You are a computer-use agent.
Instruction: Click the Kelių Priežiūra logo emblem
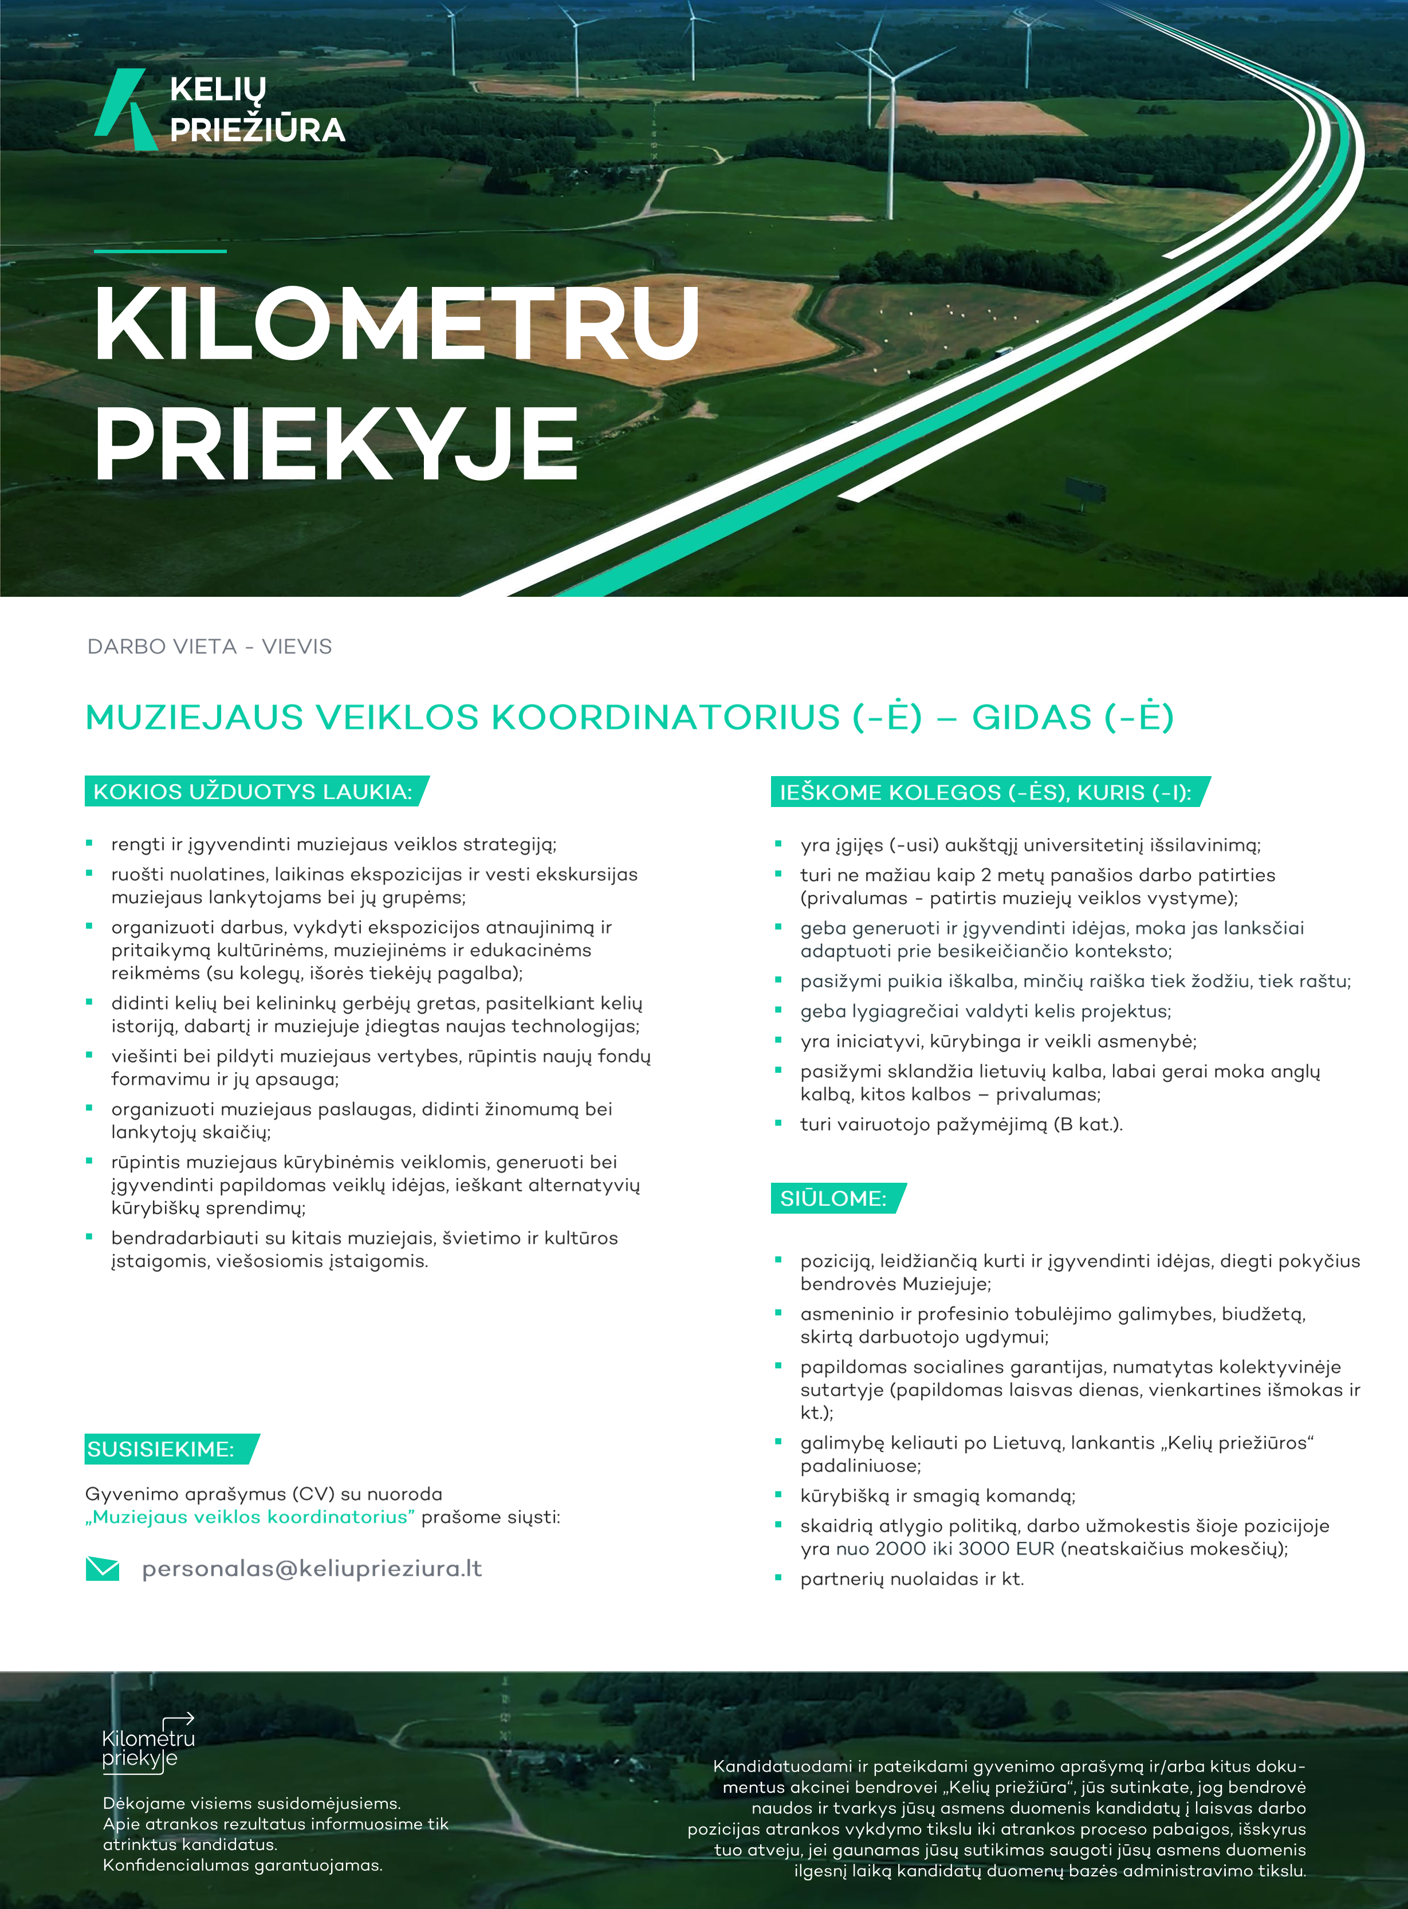click(x=126, y=109)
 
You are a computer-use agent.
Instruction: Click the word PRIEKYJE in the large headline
click(x=337, y=444)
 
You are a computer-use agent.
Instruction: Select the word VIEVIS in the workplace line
click(x=297, y=647)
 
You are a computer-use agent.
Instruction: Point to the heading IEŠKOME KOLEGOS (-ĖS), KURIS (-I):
click(x=985, y=793)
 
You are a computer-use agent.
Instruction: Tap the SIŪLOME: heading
click(x=833, y=1198)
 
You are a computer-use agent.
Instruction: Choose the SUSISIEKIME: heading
click(x=161, y=1449)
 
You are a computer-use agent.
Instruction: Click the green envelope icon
click(x=103, y=1568)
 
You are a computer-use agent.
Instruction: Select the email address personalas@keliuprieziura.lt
click(x=312, y=1569)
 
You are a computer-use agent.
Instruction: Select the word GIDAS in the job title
click(x=1032, y=718)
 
